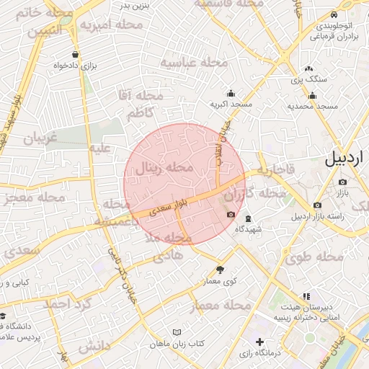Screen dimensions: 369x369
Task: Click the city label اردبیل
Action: (x=346, y=159)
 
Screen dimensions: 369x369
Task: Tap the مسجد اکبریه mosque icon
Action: (x=231, y=93)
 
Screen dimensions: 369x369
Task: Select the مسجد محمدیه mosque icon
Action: (x=313, y=96)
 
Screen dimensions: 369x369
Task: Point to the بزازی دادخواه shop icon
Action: (x=76, y=55)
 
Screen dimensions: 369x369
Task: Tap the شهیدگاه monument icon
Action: (x=248, y=218)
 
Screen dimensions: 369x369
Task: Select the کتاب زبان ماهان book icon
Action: (x=177, y=332)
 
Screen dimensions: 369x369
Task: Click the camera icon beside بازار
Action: (x=342, y=182)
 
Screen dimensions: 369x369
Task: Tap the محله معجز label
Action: (x=22, y=199)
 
